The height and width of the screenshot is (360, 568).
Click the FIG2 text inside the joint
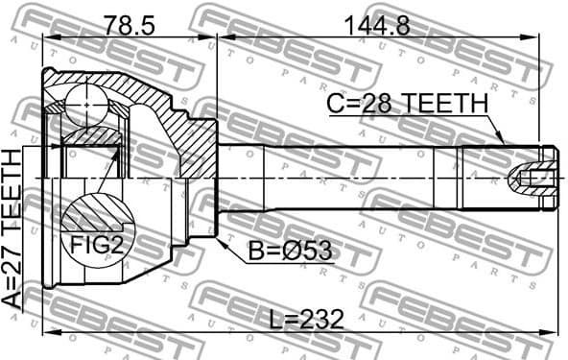pos(97,244)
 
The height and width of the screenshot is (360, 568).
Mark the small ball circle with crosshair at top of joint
pos(85,97)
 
